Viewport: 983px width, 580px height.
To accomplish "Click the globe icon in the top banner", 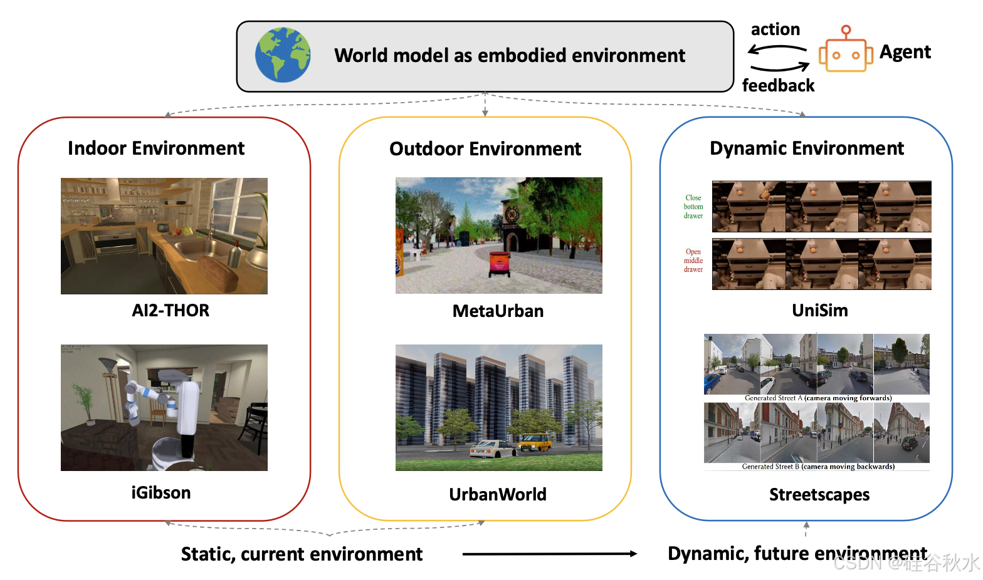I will tap(283, 55).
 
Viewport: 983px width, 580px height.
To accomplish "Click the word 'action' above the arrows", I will tap(775, 29).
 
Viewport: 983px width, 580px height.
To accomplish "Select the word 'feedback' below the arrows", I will tap(778, 85).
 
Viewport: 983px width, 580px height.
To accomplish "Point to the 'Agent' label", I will tap(905, 52).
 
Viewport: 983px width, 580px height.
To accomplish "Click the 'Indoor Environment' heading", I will tap(156, 148).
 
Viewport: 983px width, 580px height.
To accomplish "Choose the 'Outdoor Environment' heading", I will tap(485, 149).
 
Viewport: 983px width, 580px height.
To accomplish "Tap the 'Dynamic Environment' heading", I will tap(806, 148).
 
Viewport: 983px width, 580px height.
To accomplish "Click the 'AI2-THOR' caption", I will tap(171, 311).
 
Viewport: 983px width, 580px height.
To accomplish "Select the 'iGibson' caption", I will tap(160, 493).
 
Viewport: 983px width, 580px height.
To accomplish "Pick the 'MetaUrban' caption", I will tap(498, 311).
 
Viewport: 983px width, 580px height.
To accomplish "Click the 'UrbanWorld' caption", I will tap(498, 495).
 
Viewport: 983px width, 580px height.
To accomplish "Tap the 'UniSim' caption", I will tap(819, 311).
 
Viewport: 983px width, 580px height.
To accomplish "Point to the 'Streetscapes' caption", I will tap(819, 495).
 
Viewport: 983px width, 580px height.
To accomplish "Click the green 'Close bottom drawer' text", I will tap(693, 207).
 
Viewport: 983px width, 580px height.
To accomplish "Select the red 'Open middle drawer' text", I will tap(693, 261).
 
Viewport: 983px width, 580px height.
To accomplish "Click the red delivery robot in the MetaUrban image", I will tap(499, 264).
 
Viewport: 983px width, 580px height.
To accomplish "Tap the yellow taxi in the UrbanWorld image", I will tap(535, 443).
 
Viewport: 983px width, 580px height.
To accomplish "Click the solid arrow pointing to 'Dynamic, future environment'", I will tap(549, 554).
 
